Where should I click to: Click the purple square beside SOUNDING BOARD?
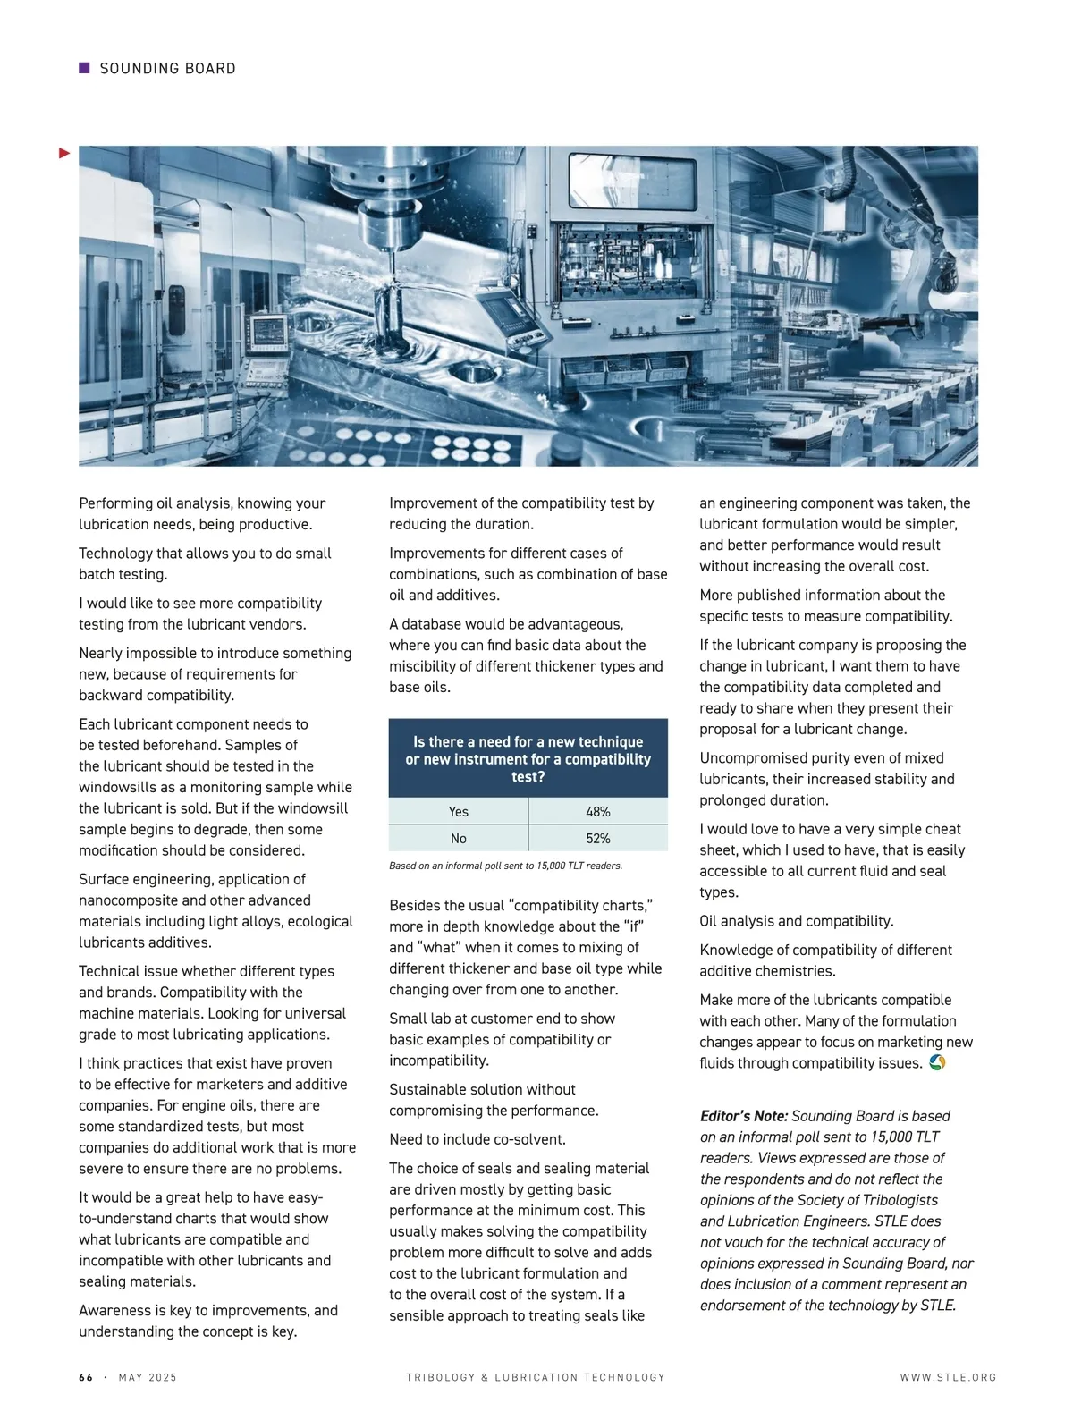(x=85, y=68)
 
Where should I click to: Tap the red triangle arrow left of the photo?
(x=64, y=154)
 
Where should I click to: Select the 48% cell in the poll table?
(x=597, y=811)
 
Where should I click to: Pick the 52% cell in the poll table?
(x=597, y=838)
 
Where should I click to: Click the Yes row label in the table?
(x=458, y=811)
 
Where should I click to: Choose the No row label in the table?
(x=458, y=838)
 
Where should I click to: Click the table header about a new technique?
(x=528, y=758)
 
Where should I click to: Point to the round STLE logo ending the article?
(x=937, y=1062)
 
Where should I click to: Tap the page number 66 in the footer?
(x=86, y=1377)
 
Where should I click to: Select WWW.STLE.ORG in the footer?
(x=948, y=1377)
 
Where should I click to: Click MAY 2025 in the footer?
(x=148, y=1377)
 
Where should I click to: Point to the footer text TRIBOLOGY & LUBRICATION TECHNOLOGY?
(x=536, y=1377)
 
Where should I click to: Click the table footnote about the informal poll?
(x=505, y=866)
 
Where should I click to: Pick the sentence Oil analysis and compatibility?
(x=796, y=921)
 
